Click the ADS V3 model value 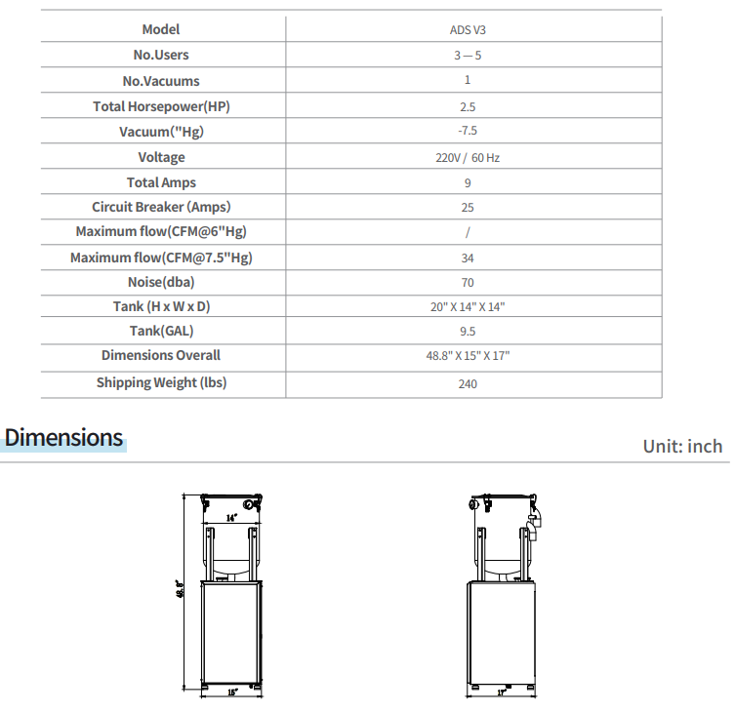(x=468, y=30)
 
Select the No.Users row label (x=161, y=56)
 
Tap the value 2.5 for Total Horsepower (x=468, y=107)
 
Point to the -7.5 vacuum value (x=468, y=131)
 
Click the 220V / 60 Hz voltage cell (x=468, y=157)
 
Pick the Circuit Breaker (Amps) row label (x=161, y=207)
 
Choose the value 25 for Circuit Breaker (x=468, y=208)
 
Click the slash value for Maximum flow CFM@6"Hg (x=468, y=233)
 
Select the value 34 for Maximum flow (x=468, y=258)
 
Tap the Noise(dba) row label (x=161, y=283)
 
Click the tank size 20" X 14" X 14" (x=468, y=307)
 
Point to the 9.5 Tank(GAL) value (x=468, y=332)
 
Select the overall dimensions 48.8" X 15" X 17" (x=468, y=356)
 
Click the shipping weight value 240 (x=468, y=383)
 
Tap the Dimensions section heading (x=64, y=438)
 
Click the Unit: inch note (x=682, y=446)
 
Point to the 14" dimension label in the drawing (x=231, y=519)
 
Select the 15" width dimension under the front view (x=232, y=692)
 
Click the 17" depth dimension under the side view (x=502, y=693)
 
